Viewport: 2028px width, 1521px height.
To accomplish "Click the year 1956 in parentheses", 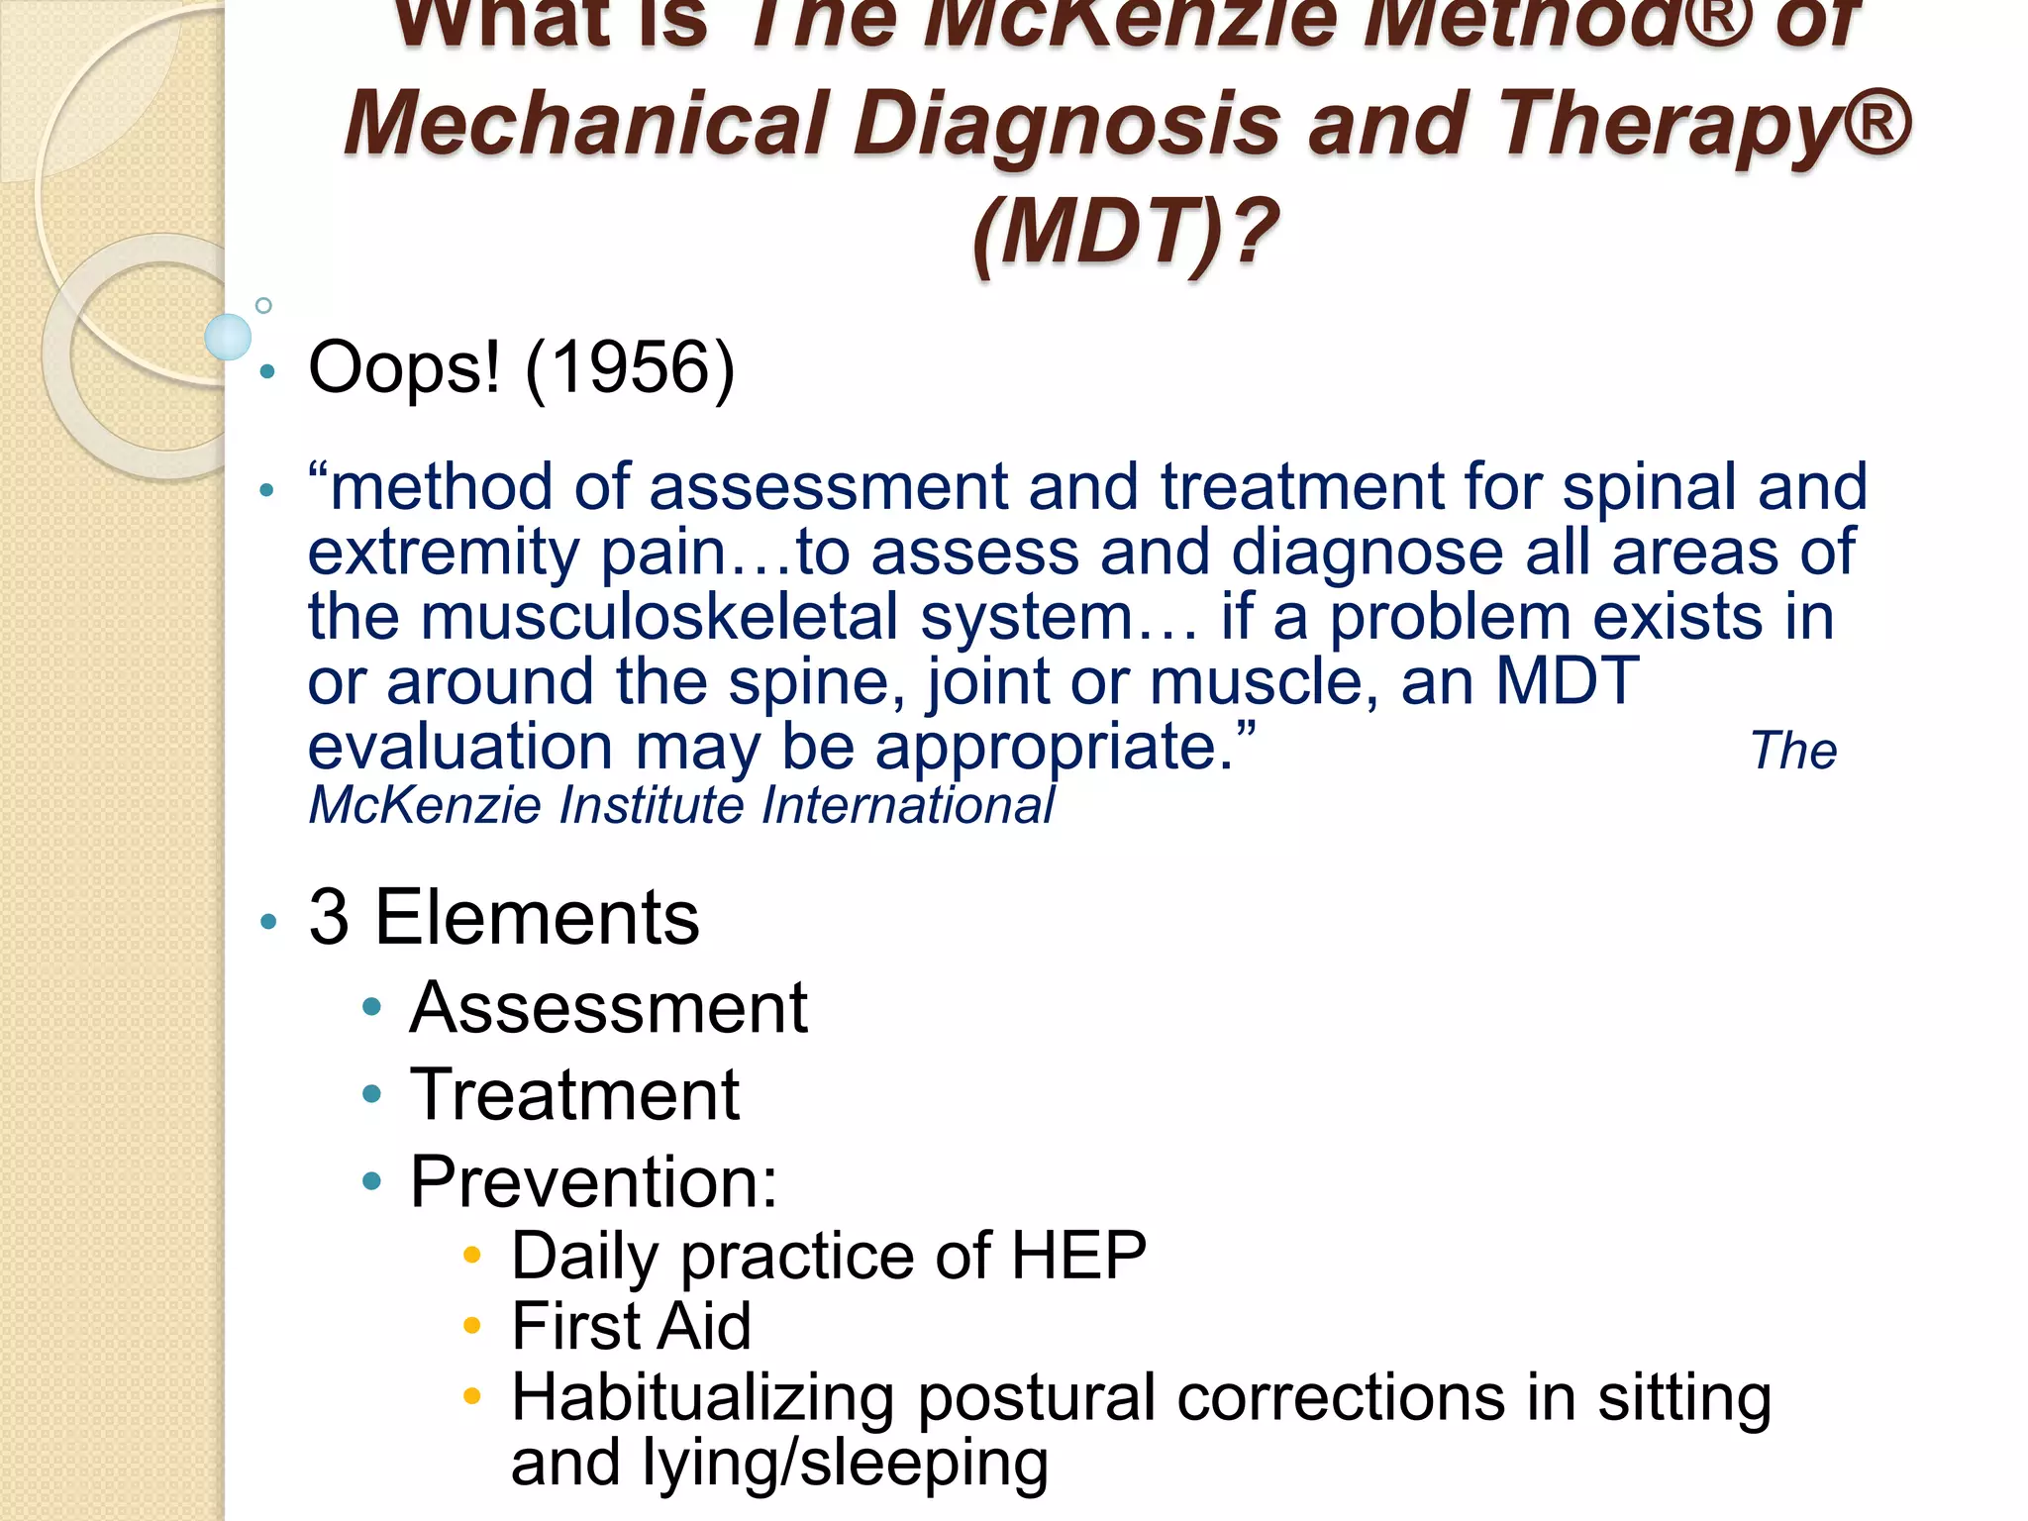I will pyautogui.click(x=630, y=368).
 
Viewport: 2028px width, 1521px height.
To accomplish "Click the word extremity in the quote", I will pyautogui.click(x=443, y=553).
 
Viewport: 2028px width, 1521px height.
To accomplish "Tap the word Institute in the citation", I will pyautogui.click(x=652, y=805).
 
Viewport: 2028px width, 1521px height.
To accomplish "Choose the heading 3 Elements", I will pyautogui.click(x=503, y=917).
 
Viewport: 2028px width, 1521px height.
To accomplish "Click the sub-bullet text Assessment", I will pyautogui.click(x=608, y=1008).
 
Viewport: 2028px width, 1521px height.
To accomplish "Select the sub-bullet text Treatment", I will pyautogui.click(x=574, y=1095).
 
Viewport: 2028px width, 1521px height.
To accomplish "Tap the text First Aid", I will pyautogui.click(x=631, y=1326).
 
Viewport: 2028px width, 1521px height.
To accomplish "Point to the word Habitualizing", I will pyautogui.click(x=702, y=1398).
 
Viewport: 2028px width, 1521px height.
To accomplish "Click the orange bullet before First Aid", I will pyautogui.click(x=472, y=1326).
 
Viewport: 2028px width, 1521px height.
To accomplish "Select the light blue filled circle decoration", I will pyautogui.click(x=228, y=337).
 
